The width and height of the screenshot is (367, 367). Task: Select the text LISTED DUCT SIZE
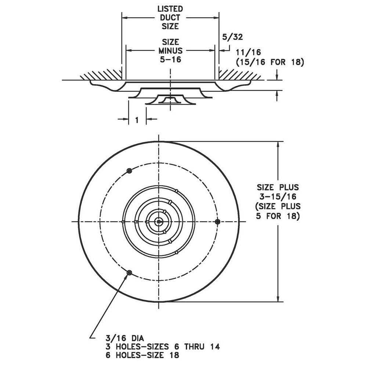(170, 17)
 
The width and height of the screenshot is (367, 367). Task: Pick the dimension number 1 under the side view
(137, 120)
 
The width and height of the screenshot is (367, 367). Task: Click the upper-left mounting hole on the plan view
(129, 171)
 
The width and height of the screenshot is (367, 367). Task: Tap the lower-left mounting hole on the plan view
(129, 272)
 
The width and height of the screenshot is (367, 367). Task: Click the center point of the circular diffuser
(158, 221)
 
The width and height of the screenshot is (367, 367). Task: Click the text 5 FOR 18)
(279, 216)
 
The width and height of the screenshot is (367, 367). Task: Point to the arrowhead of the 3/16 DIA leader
(127, 276)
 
